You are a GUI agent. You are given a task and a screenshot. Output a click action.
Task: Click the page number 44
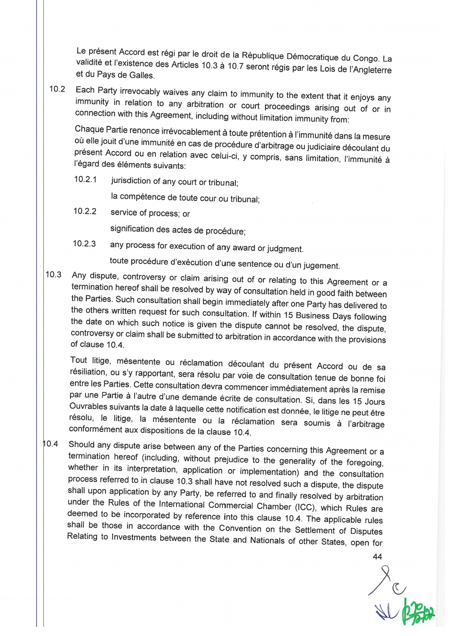377,556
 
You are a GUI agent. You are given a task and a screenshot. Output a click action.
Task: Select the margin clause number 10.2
57,89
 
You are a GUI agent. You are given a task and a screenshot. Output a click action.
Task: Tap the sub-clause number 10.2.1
85,180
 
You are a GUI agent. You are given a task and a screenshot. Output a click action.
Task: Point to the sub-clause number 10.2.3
84,244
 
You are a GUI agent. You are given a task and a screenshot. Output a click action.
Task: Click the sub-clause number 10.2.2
85,211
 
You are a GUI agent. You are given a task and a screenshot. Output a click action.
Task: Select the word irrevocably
140,91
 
